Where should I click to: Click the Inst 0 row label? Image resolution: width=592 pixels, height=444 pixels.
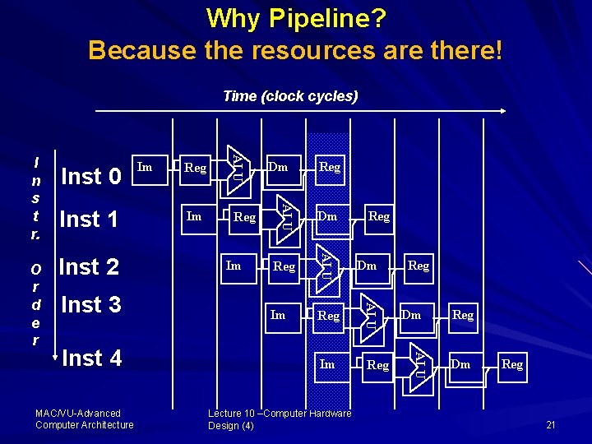(91, 176)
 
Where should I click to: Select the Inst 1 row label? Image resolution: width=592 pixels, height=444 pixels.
(90, 220)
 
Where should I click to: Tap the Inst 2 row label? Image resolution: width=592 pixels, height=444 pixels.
(90, 266)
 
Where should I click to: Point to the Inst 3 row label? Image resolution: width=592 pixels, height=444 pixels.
(91, 304)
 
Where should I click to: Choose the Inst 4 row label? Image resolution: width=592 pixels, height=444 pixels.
(91, 358)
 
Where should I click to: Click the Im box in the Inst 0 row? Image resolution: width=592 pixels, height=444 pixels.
(145, 168)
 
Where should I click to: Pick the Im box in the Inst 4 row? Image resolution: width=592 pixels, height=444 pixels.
(327, 364)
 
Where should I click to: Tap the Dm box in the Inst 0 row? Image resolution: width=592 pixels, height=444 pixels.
(279, 167)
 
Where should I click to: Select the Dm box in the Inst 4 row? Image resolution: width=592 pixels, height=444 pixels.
(460, 364)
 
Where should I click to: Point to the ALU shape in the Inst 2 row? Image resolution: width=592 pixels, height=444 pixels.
(326, 266)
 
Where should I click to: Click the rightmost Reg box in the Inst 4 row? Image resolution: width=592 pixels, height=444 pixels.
(512, 364)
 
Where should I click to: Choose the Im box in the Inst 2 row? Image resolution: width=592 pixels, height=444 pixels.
(234, 266)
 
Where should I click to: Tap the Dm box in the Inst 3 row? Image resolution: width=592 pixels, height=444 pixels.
(411, 315)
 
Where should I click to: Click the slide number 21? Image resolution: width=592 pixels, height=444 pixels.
(551, 424)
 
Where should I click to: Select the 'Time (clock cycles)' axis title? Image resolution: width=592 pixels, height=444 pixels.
(290, 96)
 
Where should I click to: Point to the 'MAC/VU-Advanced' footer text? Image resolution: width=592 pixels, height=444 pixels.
(78, 414)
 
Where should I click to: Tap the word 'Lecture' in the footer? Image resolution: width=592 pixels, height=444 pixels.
(224, 414)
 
